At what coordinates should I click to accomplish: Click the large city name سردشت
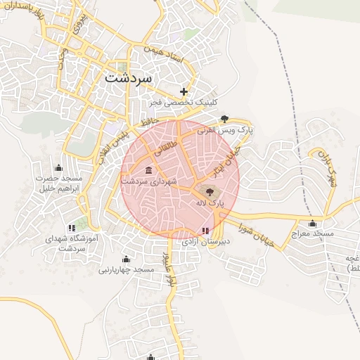point(128,77)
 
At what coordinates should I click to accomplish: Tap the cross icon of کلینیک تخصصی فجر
point(184,91)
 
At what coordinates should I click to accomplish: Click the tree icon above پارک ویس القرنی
point(224,119)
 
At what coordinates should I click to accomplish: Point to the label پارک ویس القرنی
point(225,130)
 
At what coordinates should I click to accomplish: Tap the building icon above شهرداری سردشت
point(148,171)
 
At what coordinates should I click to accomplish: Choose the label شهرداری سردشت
point(149,181)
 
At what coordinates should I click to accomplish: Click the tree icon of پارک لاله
point(209,191)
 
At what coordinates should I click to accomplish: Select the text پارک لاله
point(210,202)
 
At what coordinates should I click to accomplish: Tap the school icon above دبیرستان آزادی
point(205,230)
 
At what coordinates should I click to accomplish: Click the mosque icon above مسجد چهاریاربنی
point(126,259)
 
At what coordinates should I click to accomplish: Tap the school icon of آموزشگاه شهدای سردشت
point(71,228)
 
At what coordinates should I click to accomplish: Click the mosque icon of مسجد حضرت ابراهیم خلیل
point(58,167)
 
